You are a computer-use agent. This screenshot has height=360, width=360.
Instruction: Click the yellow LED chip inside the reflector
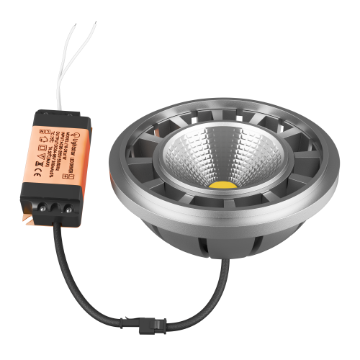pyautogui.click(x=224, y=184)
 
